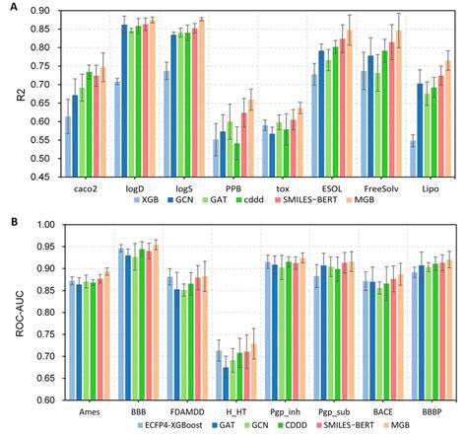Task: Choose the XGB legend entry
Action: [x=147, y=199]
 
